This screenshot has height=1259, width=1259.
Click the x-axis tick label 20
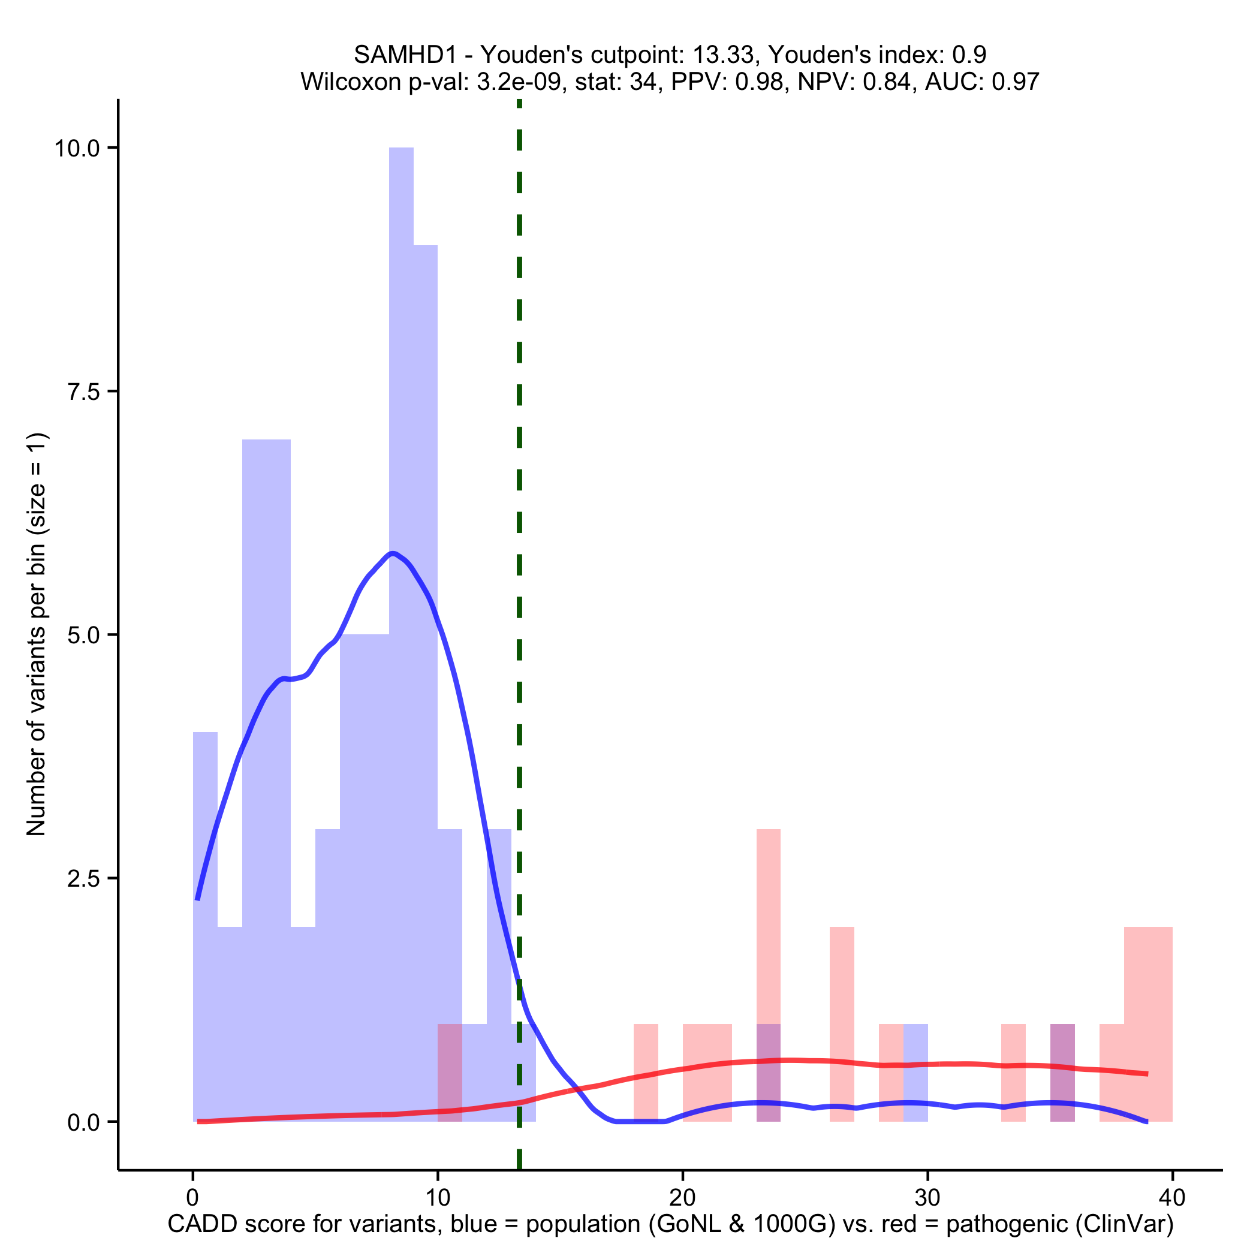(682, 1198)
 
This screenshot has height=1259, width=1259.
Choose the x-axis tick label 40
(1172, 1198)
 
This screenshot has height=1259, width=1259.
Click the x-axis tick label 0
(192, 1198)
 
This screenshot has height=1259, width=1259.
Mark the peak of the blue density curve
(392, 554)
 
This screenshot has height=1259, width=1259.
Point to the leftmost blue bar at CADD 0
(204, 912)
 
